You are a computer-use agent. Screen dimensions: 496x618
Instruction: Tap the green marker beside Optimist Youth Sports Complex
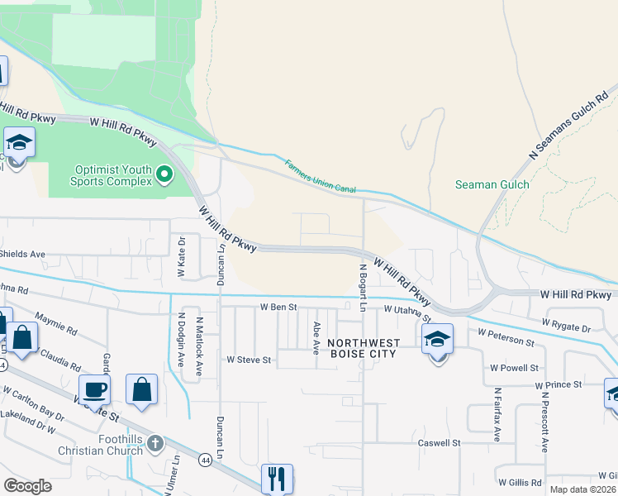click(x=164, y=174)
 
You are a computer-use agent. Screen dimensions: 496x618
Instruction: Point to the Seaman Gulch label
click(x=492, y=184)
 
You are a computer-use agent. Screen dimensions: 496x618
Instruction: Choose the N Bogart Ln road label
click(x=363, y=287)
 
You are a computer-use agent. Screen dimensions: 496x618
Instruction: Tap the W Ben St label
click(x=278, y=307)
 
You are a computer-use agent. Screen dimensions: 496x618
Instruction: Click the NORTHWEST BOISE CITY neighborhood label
click(x=364, y=348)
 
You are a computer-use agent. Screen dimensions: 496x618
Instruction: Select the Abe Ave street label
click(x=316, y=338)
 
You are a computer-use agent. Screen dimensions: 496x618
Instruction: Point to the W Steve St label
click(x=249, y=360)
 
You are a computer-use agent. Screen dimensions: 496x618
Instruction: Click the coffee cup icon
click(x=94, y=389)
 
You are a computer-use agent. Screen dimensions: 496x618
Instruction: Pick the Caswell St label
click(x=438, y=443)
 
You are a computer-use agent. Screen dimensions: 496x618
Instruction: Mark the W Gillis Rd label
click(x=520, y=482)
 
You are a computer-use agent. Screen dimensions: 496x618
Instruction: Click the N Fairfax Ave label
click(x=497, y=411)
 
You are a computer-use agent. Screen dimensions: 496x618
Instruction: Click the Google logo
click(x=27, y=486)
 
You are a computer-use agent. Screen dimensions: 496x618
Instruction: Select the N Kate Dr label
click(x=182, y=259)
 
